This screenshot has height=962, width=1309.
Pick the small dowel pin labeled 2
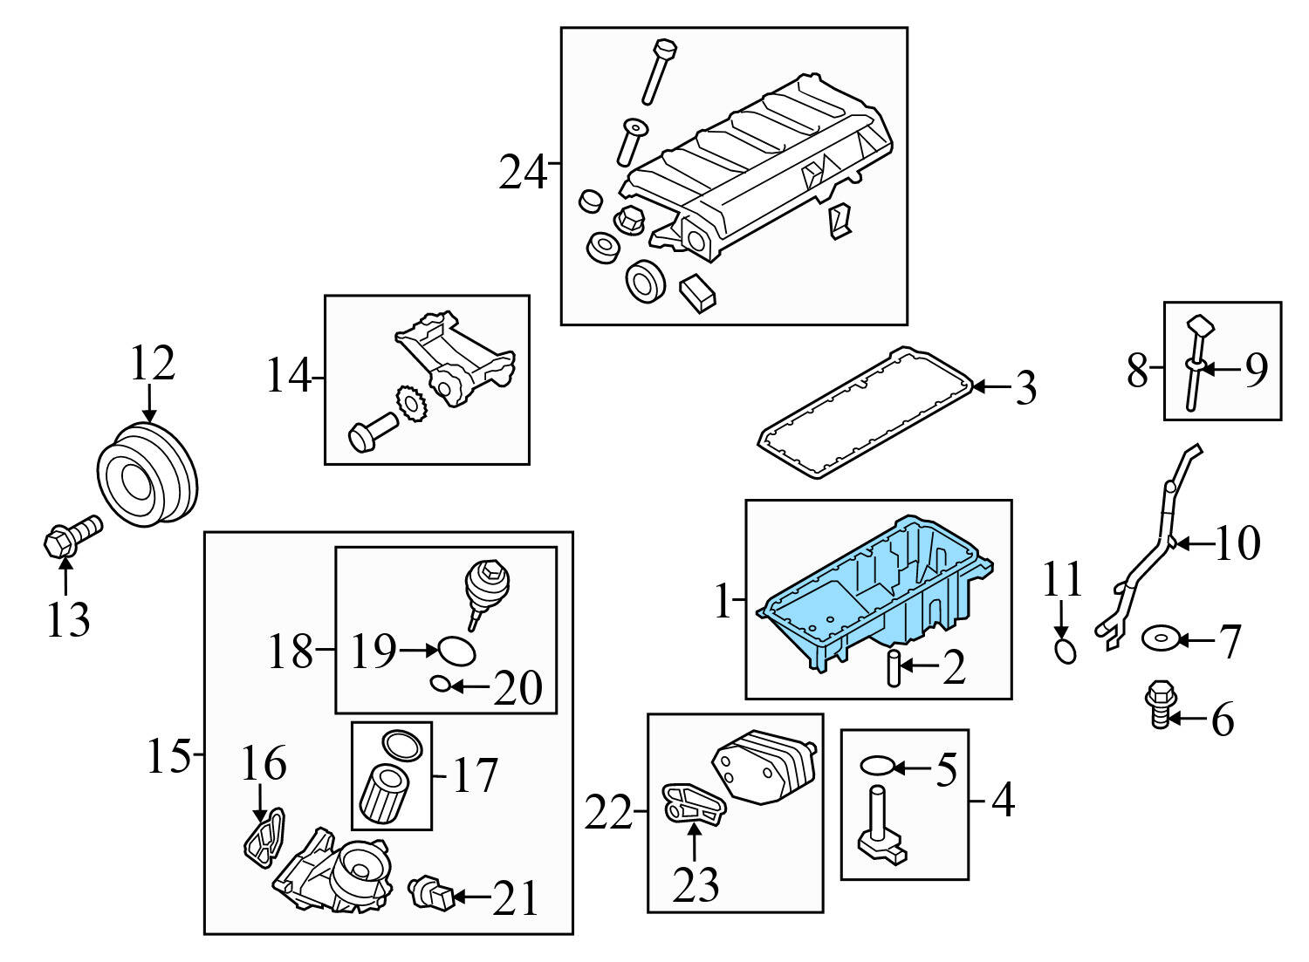click(893, 668)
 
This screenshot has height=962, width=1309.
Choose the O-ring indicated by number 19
click(456, 651)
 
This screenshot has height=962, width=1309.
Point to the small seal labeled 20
click(441, 686)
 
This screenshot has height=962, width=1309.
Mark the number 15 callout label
click(168, 755)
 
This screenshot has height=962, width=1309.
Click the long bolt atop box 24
click(657, 70)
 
